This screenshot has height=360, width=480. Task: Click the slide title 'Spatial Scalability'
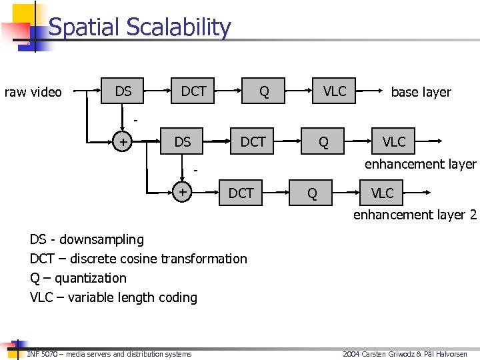click(x=139, y=28)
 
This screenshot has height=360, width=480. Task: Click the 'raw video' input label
click(x=33, y=92)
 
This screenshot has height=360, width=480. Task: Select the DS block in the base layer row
click(x=123, y=91)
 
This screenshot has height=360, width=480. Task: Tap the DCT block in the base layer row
click(x=194, y=91)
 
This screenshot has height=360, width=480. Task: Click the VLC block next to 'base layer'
click(x=335, y=91)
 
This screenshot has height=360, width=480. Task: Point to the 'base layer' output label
click(x=421, y=92)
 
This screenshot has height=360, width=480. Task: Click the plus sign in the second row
click(x=122, y=142)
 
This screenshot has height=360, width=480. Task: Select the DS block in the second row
click(x=182, y=141)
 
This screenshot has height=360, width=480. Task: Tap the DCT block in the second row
click(x=253, y=141)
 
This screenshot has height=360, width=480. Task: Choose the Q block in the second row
click(x=323, y=142)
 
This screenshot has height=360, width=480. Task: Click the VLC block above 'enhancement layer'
click(x=393, y=141)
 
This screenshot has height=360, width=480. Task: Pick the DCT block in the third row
click(x=241, y=193)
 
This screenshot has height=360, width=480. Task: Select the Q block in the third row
click(x=311, y=193)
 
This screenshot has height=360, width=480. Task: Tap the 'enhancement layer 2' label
click(x=415, y=215)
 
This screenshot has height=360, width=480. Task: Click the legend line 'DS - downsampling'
click(x=87, y=239)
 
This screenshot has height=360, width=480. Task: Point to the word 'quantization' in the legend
click(x=90, y=278)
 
